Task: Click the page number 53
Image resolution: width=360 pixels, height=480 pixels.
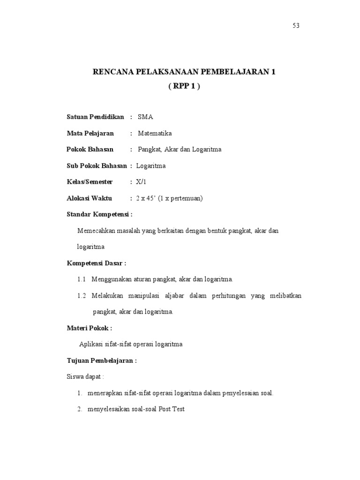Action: click(x=296, y=26)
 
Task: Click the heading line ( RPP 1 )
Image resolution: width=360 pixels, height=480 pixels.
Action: click(x=184, y=87)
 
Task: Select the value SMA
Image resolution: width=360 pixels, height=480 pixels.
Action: click(x=145, y=117)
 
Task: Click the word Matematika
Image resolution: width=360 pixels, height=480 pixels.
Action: click(x=155, y=134)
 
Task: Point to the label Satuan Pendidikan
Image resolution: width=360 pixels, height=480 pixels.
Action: click(x=95, y=117)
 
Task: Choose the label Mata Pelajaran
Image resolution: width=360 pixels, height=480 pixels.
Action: click(x=90, y=134)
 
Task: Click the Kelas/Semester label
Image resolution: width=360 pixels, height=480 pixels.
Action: click(x=90, y=182)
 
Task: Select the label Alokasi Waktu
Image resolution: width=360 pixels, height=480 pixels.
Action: click(x=90, y=198)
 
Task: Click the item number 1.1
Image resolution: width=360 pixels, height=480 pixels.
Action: click(x=82, y=280)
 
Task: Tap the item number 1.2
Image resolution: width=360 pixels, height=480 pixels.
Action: click(x=82, y=296)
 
